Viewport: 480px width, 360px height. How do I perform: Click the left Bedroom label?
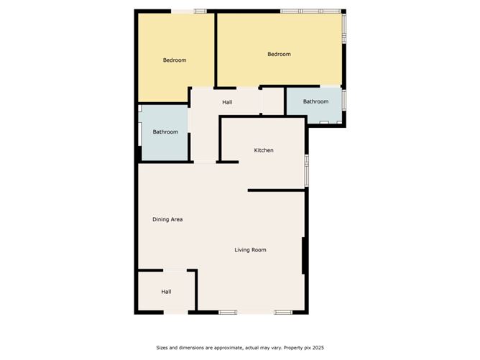tap(174, 60)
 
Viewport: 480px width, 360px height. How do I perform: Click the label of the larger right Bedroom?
tap(279, 55)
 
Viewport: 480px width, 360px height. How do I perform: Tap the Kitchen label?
tap(264, 150)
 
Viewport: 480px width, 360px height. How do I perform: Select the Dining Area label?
tap(167, 219)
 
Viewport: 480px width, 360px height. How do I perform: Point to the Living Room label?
tap(251, 250)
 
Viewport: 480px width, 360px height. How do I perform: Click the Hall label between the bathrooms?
tap(227, 103)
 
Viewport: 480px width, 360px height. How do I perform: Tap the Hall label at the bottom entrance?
tap(166, 292)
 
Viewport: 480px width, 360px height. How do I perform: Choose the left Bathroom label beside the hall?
tap(165, 132)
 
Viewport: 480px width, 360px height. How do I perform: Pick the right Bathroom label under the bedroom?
tap(315, 102)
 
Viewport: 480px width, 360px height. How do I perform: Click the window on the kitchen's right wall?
tap(306, 170)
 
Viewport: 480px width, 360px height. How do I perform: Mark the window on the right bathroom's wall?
tap(344, 98)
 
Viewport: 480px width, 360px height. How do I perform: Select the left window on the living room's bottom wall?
tap(229, 312)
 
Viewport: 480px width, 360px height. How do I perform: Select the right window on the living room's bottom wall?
tap(282, 312)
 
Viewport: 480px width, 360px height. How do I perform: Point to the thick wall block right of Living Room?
tap(305, 255)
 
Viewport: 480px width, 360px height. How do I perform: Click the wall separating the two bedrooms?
tap(216, 50)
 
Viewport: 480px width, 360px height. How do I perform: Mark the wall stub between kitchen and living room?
tap(276, 190)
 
